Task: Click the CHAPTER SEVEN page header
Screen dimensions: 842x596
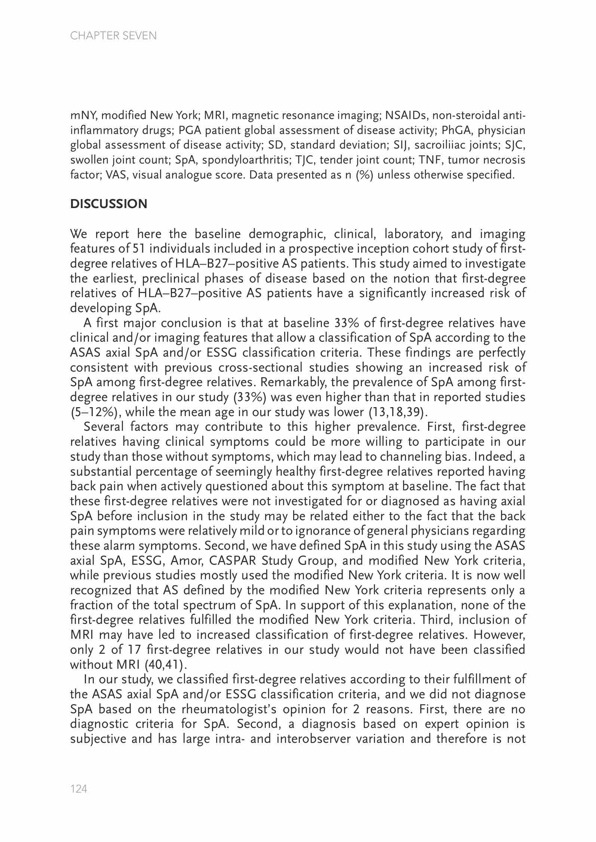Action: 113,36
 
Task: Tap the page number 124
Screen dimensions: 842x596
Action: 79,789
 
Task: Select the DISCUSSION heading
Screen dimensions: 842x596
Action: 109,204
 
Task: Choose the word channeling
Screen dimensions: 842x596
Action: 408,457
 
